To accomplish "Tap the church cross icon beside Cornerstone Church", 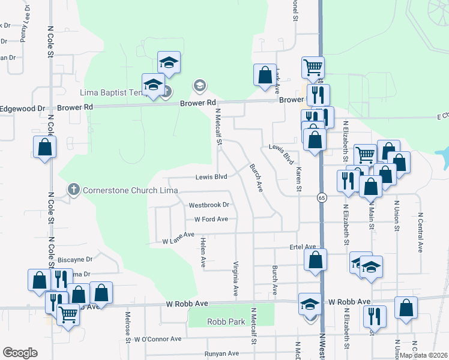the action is click(x=74, y=190).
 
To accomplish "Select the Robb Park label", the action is click(x=226, y=322).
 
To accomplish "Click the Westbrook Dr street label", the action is click(x=208, y=205).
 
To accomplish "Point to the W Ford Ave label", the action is click(x=211, y=219).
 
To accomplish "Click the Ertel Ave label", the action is click(x=303, y=247).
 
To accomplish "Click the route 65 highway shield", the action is click(x=322, y=198).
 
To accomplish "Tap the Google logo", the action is click(x=20, y=353).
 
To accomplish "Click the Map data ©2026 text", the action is click(x=424, y=355).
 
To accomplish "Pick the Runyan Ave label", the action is click(x=221, y=354).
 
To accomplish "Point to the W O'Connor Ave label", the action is click(x=158, y=339).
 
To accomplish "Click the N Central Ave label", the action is click(x=420, y=230).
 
